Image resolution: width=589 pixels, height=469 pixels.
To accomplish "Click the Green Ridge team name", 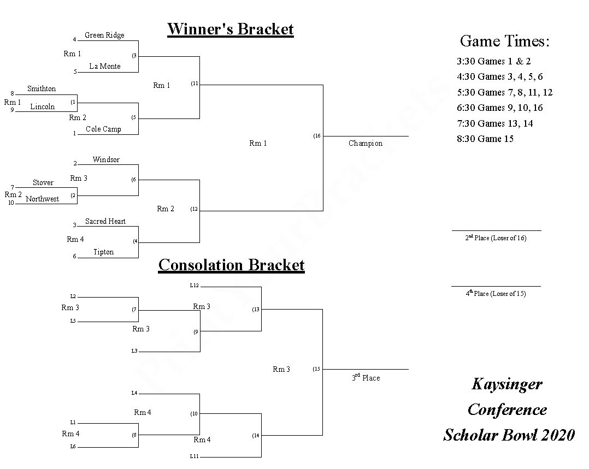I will [104, 35].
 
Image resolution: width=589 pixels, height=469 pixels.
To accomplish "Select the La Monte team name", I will [105, 67].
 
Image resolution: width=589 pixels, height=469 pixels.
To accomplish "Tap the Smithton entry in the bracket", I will [42, 89].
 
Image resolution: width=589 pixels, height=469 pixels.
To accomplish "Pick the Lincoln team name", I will [43, 107].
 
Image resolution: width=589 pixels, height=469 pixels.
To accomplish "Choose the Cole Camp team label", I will [103, 129].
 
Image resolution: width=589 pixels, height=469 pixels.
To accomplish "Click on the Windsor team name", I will [106, 160].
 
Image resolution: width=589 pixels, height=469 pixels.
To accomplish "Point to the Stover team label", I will [43, 183].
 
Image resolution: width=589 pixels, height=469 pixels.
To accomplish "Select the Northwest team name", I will [43, 199].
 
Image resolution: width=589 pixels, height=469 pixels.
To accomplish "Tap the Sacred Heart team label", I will [105, 222].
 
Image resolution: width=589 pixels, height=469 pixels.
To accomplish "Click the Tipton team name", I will [103, 252].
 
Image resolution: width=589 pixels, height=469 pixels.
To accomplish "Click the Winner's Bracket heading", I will [230, 29].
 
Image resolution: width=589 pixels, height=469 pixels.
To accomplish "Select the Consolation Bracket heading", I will [231, 265].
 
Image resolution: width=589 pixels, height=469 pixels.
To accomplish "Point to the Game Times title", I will [504, 41].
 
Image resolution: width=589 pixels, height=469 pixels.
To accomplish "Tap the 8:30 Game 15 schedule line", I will [485, 139].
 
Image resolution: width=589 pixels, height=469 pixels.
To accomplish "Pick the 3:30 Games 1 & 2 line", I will [493, 62].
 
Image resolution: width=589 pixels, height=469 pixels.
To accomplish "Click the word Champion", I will [366, 144].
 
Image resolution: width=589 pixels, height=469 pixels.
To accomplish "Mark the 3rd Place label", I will [366, 378].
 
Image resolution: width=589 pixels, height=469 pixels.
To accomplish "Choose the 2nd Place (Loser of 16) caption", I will [496, 238].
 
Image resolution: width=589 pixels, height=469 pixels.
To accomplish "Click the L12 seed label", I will [195, 286].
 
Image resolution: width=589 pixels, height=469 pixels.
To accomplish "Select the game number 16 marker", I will [317, 136].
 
